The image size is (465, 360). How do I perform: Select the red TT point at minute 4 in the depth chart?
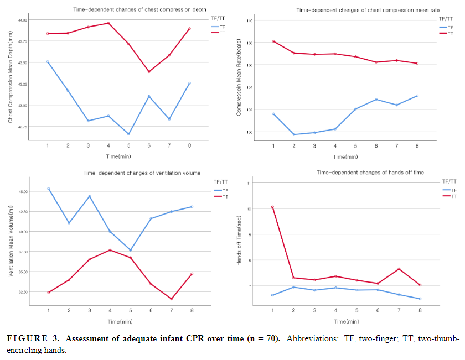[x=108, y=23]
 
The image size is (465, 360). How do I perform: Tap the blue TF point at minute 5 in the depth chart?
[x=128, y=134]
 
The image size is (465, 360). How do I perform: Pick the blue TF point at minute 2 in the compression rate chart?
[x=293, y=134]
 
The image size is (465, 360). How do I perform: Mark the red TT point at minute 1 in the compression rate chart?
[x=273, y=41]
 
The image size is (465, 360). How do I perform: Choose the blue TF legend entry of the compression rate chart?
[x=447, y=27]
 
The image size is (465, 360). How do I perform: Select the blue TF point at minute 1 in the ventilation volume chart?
[x=48, y=189]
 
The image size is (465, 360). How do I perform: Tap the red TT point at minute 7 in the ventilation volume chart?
[x=172, y=299]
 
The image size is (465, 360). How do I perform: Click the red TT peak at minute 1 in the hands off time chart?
[x=272, y=207]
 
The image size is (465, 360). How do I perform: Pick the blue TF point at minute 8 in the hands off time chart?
[x=420, y=299]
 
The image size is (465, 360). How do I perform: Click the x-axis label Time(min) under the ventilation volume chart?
[x=120, y=321]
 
